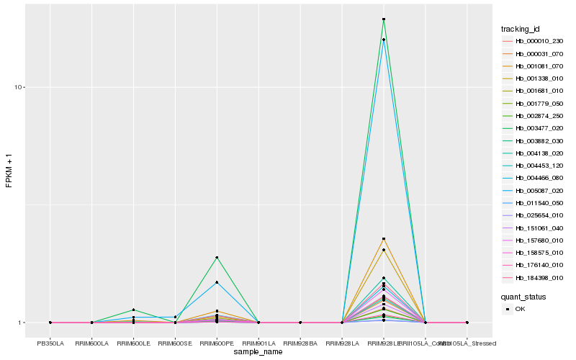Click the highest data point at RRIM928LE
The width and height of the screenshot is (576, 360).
click(x=384, y=19)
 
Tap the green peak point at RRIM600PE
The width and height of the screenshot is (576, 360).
click(x=217, y=257)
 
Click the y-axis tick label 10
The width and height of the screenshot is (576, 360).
click(x=19, y=87)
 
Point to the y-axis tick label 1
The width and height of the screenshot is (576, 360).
click(x=22, y=323)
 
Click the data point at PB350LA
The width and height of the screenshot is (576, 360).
click(x=50, y=323)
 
